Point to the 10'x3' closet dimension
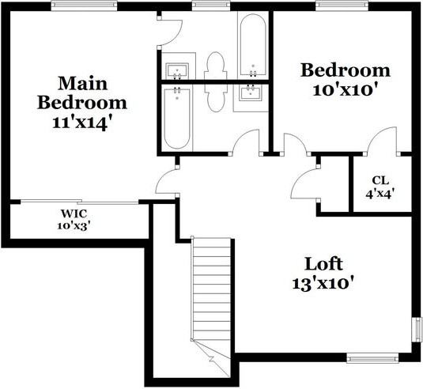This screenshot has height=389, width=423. [x=73, y=225]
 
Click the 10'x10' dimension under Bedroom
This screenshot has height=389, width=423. [x=346, y=89]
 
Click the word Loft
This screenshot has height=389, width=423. [x=325, y=263]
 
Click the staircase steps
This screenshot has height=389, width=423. [x=212, y=293]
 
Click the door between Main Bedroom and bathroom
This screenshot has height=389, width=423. [x=170, y=29]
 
